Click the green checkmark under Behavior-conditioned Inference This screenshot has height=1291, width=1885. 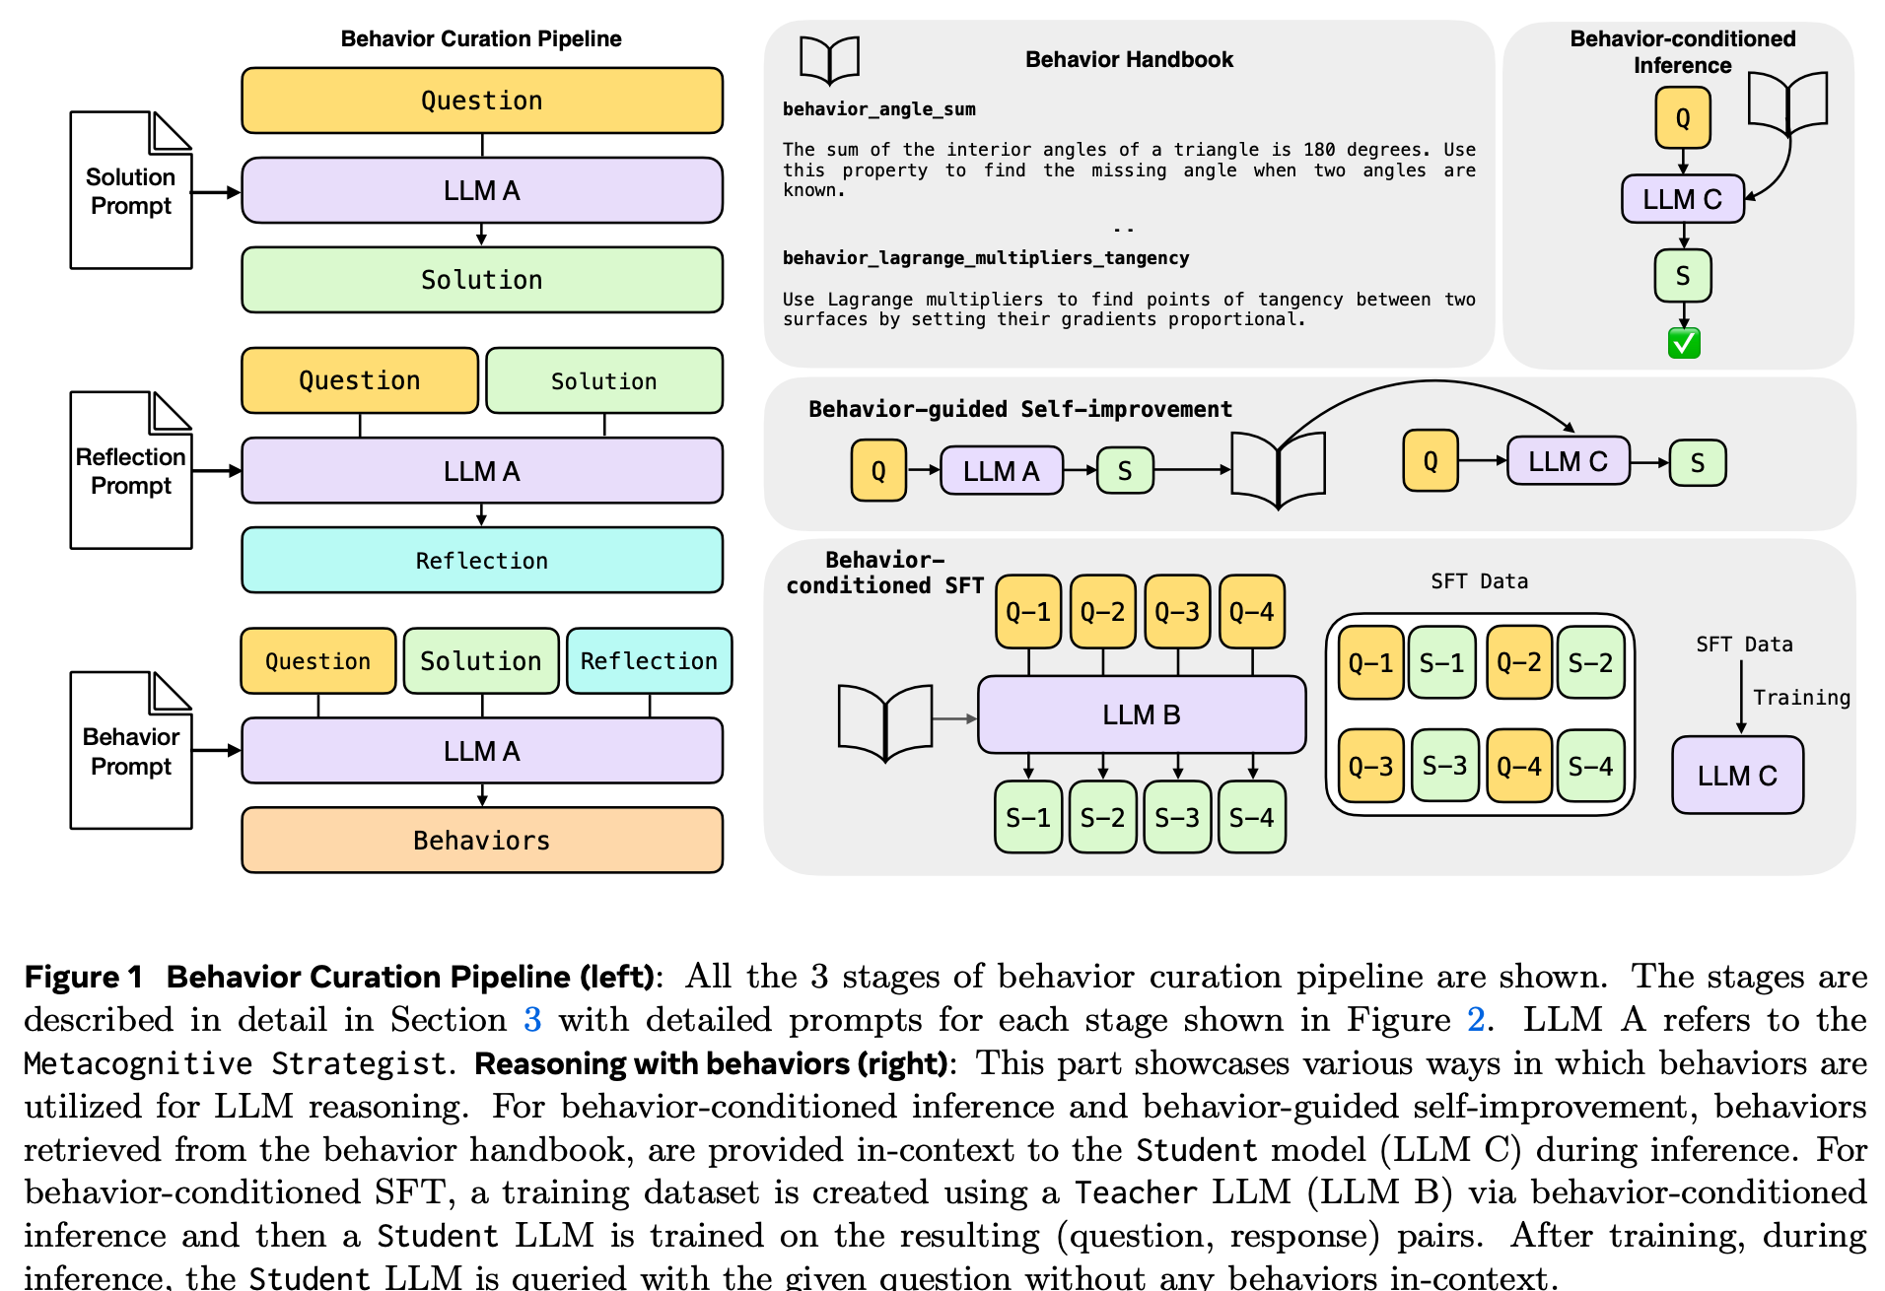(x=1684, y=343)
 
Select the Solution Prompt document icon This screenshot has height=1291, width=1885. (x=131, y=190)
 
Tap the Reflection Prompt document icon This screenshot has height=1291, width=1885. (x=131, y=470)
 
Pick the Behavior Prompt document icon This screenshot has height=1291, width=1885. (x=131, y=750)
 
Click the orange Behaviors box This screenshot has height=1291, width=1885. (x=482, y=840)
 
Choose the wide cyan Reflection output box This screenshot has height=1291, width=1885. (x=482, y=560)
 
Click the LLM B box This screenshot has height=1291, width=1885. (x=1142, y=714)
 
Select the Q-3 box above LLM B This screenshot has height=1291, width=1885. (x=1177, y=612)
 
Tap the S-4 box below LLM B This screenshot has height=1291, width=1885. (x=1252, y=817)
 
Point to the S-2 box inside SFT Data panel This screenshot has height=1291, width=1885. (x=1590, y=662)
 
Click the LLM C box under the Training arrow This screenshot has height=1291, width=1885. (x=1737, y=776)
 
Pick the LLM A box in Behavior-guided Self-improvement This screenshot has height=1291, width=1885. (x=1002, y=471)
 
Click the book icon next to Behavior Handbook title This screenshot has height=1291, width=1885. (x=829, y=60)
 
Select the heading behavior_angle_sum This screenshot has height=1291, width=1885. (x=878, y=109)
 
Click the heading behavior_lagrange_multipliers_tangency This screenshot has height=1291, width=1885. (x=986, y=258)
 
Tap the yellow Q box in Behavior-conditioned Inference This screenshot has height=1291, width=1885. (x=1682, y=118)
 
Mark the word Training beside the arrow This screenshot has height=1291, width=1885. (x=1801, y=698)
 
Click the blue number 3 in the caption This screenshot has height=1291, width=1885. (x=532, y=1019)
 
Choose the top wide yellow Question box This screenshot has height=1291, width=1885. (x=482, y=101)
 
